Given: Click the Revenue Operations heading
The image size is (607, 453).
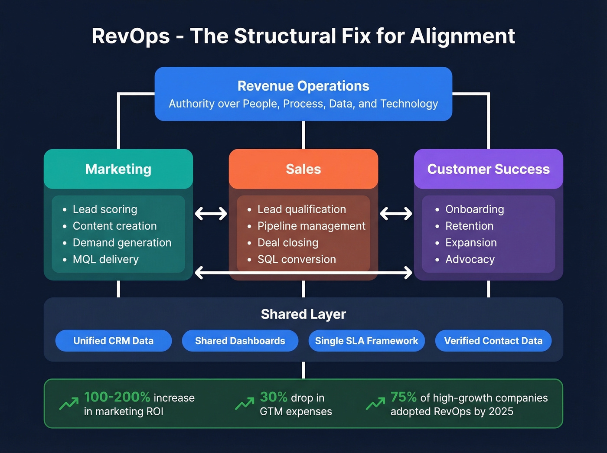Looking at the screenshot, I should [303, 86].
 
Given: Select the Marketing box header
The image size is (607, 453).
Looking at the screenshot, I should [118, 169].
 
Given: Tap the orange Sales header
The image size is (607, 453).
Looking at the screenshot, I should [303, 169].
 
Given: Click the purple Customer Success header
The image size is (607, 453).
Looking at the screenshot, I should [488, 169].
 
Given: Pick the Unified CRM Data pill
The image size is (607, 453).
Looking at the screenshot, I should [114, 341].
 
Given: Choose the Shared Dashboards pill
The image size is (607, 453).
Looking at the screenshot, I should [240, 341].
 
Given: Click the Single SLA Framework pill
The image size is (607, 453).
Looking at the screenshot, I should [366, 341].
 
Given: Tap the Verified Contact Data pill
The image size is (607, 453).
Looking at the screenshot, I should [493, 341].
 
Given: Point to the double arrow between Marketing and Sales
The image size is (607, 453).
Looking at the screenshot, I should [211, 213].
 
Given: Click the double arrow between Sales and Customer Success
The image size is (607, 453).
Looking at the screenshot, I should [396, 213].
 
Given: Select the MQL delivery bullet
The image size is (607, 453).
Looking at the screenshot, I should [105, 259].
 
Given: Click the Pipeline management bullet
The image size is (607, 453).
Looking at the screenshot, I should [311, 226].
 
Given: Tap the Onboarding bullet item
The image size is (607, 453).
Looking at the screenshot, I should [474, 209].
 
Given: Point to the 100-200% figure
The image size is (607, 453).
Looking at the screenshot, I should [117, 397].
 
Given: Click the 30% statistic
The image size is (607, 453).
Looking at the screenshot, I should [274, 397].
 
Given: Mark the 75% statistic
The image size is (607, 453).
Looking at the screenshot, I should [403, 397].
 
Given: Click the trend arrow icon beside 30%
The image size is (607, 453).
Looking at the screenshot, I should [245, 404].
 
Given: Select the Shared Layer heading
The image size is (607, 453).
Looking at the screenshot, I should [303, 314].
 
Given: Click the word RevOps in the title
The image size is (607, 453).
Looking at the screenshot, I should [131, 36].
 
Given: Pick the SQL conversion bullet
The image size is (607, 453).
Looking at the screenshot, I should [297, 259].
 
